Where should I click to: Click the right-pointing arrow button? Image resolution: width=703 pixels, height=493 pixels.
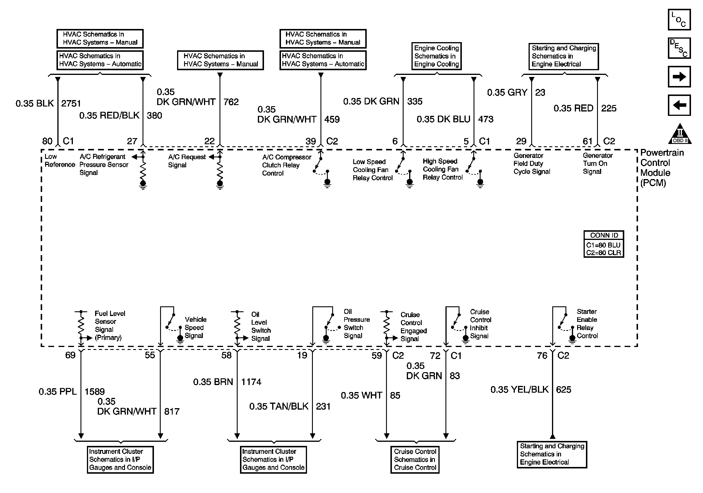click(x=679, y=76)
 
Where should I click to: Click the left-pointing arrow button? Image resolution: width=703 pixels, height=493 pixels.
click(x=679, y=105)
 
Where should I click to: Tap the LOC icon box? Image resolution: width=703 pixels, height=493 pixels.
click(x=679, y=20)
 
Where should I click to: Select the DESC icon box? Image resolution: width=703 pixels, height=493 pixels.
click(x=679, y=48)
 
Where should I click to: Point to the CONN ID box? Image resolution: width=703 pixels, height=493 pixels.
click(x=603, y=244)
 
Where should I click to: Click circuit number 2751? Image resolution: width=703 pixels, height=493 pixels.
click(x=71, y=104)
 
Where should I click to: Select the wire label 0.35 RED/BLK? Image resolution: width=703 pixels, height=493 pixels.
click(x=109, y=115)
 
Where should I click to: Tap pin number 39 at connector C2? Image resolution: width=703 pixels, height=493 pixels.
click(x=311, y=141)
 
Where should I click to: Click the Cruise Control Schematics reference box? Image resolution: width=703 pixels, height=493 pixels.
click(x=415, y=459)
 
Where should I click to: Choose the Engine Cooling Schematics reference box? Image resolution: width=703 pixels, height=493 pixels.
click(x=436, y=56)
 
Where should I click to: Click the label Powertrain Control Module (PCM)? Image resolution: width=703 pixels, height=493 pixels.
click(x=662, y=167)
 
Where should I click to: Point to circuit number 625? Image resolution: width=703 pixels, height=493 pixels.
click(x=563, y=389)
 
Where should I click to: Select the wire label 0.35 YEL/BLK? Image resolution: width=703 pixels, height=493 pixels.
click(x=519, y=389)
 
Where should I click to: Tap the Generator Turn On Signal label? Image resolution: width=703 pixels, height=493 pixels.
click(x=597, y=164)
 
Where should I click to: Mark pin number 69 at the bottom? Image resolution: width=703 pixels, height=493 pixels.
click(x=70, y=355)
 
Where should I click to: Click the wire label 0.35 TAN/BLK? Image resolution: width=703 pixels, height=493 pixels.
click(x=279, y=406)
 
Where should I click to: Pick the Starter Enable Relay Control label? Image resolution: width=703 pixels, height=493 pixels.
click(x=587, y=324)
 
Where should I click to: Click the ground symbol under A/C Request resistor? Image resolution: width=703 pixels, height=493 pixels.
click(x=220, y=185)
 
